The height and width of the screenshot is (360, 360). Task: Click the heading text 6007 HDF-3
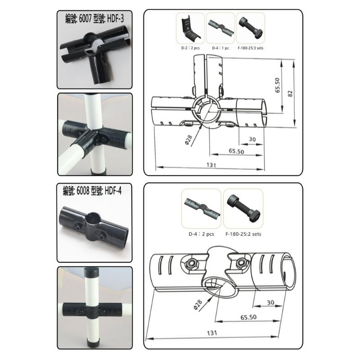[x=94, y=18]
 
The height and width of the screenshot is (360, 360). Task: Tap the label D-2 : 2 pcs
[x=190, y=48]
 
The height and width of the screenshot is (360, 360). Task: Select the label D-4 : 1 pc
[x=220, y=48]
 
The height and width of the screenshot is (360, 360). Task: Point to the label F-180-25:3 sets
[x=251, y=48]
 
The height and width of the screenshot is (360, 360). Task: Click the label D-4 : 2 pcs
[x=201, y=234]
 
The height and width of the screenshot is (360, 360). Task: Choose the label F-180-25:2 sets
[x=243, y=234]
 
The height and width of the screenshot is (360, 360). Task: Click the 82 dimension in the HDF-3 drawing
[x=290, y=93]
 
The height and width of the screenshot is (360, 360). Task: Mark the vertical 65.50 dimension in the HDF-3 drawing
[x=278, y=85]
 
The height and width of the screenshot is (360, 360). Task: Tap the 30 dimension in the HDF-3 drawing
[x=252, y=139]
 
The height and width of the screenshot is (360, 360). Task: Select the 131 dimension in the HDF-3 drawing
[x=211, y=165]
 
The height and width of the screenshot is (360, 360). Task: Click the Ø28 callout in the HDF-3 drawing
[x=189, y=140]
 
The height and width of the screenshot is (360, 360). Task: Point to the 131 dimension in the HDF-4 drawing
[x=211, y=333]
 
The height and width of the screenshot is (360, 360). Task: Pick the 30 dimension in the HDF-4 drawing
[x=271, y=302]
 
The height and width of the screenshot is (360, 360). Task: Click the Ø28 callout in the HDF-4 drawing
[x=198, y=305]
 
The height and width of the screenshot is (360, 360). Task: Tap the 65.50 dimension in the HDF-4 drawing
[x=248, y=317]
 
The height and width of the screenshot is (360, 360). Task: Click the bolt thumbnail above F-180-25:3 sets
[x=250, y=28]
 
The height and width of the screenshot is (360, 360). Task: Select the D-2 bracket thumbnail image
[x=190, y=28]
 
